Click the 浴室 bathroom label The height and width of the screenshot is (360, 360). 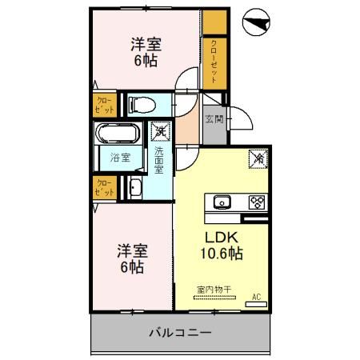pos(119,158)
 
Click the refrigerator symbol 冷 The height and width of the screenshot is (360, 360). pos(258,158)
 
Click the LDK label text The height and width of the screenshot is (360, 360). pos(222,238)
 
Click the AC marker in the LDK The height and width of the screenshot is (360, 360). pos(257,297)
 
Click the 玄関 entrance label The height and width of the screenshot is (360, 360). pos(213,120)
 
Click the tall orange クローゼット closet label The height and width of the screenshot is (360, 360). pos(214,62)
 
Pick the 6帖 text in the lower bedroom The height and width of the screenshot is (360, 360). pos(133,268)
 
